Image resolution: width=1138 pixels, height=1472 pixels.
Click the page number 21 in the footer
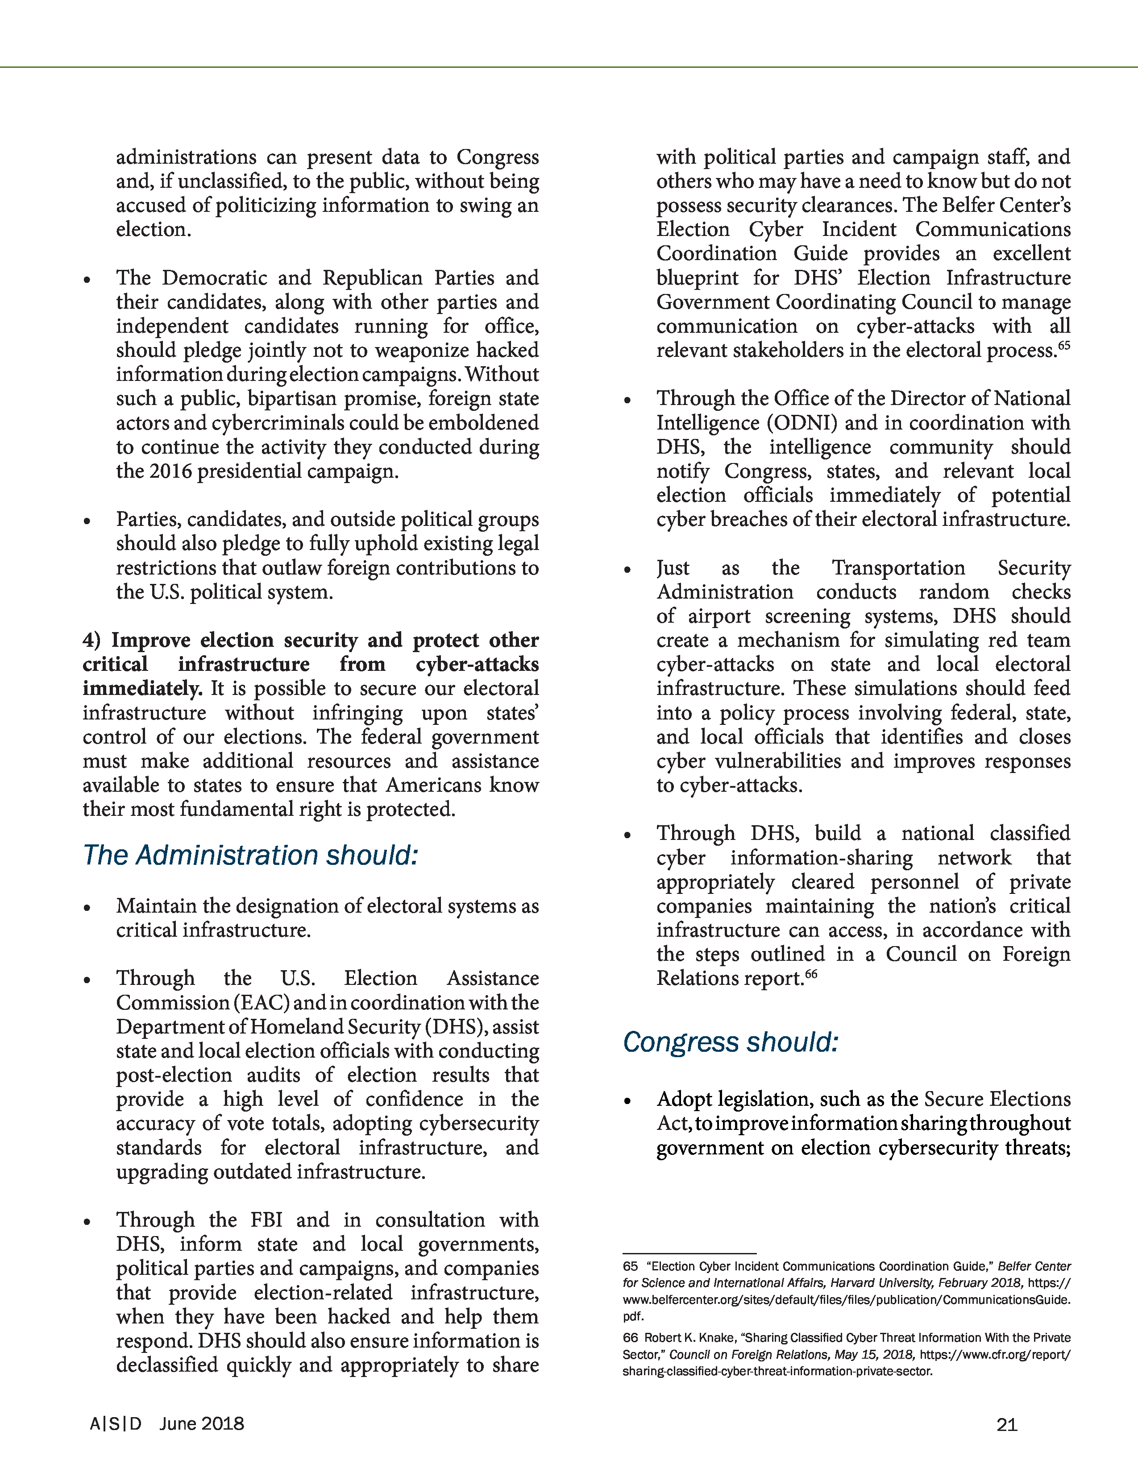point(1006,1424)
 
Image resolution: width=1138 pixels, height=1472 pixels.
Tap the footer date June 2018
point(202,1423)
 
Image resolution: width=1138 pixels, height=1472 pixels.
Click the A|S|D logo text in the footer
point(116,1423)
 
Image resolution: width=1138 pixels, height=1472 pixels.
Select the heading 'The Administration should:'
point(250,855)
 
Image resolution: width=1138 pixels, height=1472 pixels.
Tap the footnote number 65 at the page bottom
point(630,1266)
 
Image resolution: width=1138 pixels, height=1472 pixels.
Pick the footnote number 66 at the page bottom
point(630,1337)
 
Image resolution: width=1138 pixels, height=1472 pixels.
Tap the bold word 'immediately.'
point(142,688)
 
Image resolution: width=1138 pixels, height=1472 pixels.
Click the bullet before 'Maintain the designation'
point(87,908)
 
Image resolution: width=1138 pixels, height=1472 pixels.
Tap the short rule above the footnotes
point(689,1253)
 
